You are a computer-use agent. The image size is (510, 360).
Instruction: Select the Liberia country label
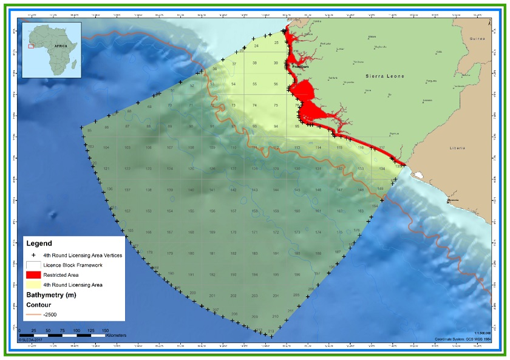click(457, 148)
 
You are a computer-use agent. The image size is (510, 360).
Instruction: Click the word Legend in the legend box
click(42, 243)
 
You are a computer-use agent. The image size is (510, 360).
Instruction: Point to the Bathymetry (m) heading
click(58, 295)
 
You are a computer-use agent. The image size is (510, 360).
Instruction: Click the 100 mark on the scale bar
click(76, 330)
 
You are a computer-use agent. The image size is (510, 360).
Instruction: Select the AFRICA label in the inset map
click(61, 46)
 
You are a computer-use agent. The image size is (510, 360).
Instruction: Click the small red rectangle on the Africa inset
click(31, 46)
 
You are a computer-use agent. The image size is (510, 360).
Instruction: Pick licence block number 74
click(254, 106)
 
